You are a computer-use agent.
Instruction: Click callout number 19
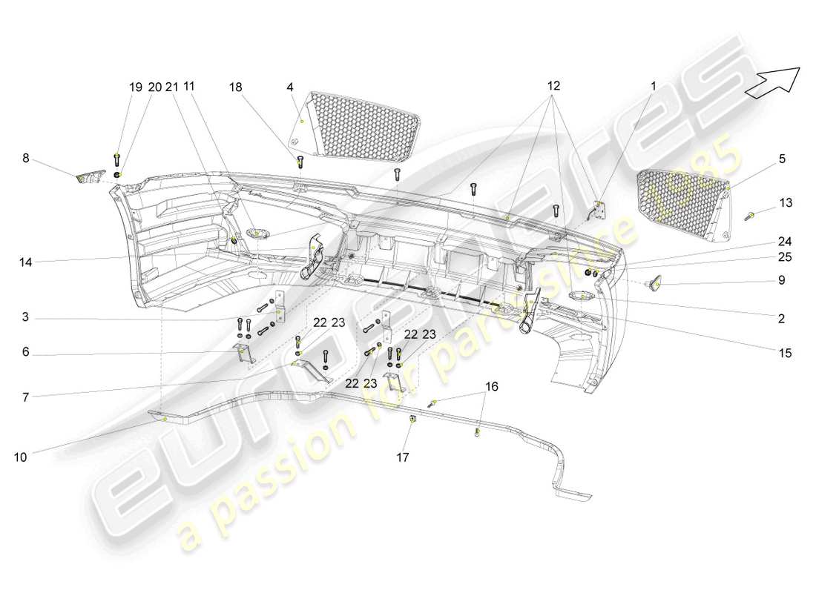(136, 87)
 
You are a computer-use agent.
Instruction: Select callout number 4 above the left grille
(289, 87)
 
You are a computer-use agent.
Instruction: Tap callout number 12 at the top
(553, 86)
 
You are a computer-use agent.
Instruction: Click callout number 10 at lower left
(20, 457)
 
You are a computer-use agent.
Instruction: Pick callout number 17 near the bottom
(402, 458)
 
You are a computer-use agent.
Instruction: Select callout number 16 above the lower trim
(492, 386)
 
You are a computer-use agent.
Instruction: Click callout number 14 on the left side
(25, 261)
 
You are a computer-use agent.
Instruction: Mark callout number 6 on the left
(25, 354)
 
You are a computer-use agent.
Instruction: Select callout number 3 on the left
(25, 318)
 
